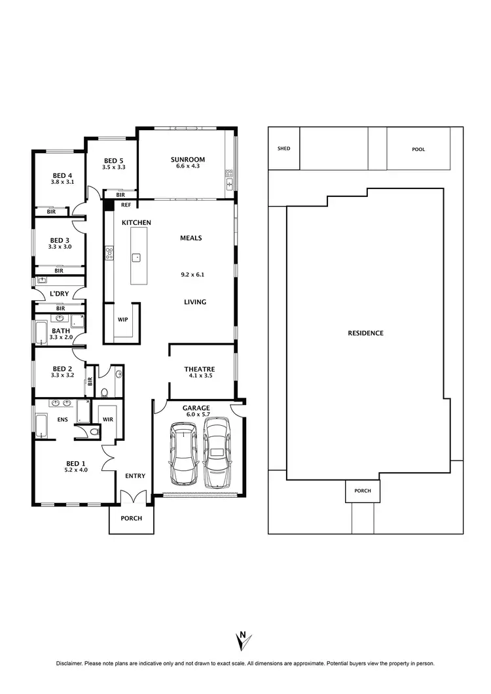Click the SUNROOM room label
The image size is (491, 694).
(x=188, y=160)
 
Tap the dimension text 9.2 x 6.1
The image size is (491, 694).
(x=192, y=275)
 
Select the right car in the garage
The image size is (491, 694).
(x=217, y=452)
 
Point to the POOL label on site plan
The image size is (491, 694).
(x=418, y=149)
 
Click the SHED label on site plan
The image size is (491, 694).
(x=283, y=148)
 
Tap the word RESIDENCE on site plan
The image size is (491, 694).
(x=365, y=333)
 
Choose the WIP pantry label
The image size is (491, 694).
(x=122, y=320)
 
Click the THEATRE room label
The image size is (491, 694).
(x=199, y=370)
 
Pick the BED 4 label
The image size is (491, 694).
(x=62, y=175)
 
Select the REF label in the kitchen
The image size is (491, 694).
(x=126, y=205)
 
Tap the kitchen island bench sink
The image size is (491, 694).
(x=137, y=257)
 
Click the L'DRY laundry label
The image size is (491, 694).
(x=60, y=294)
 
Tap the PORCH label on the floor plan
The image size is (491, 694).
(x=130, y=518)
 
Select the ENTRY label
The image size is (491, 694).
(x=135, y=476)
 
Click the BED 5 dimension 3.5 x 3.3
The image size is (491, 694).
(x=113, y=167)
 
